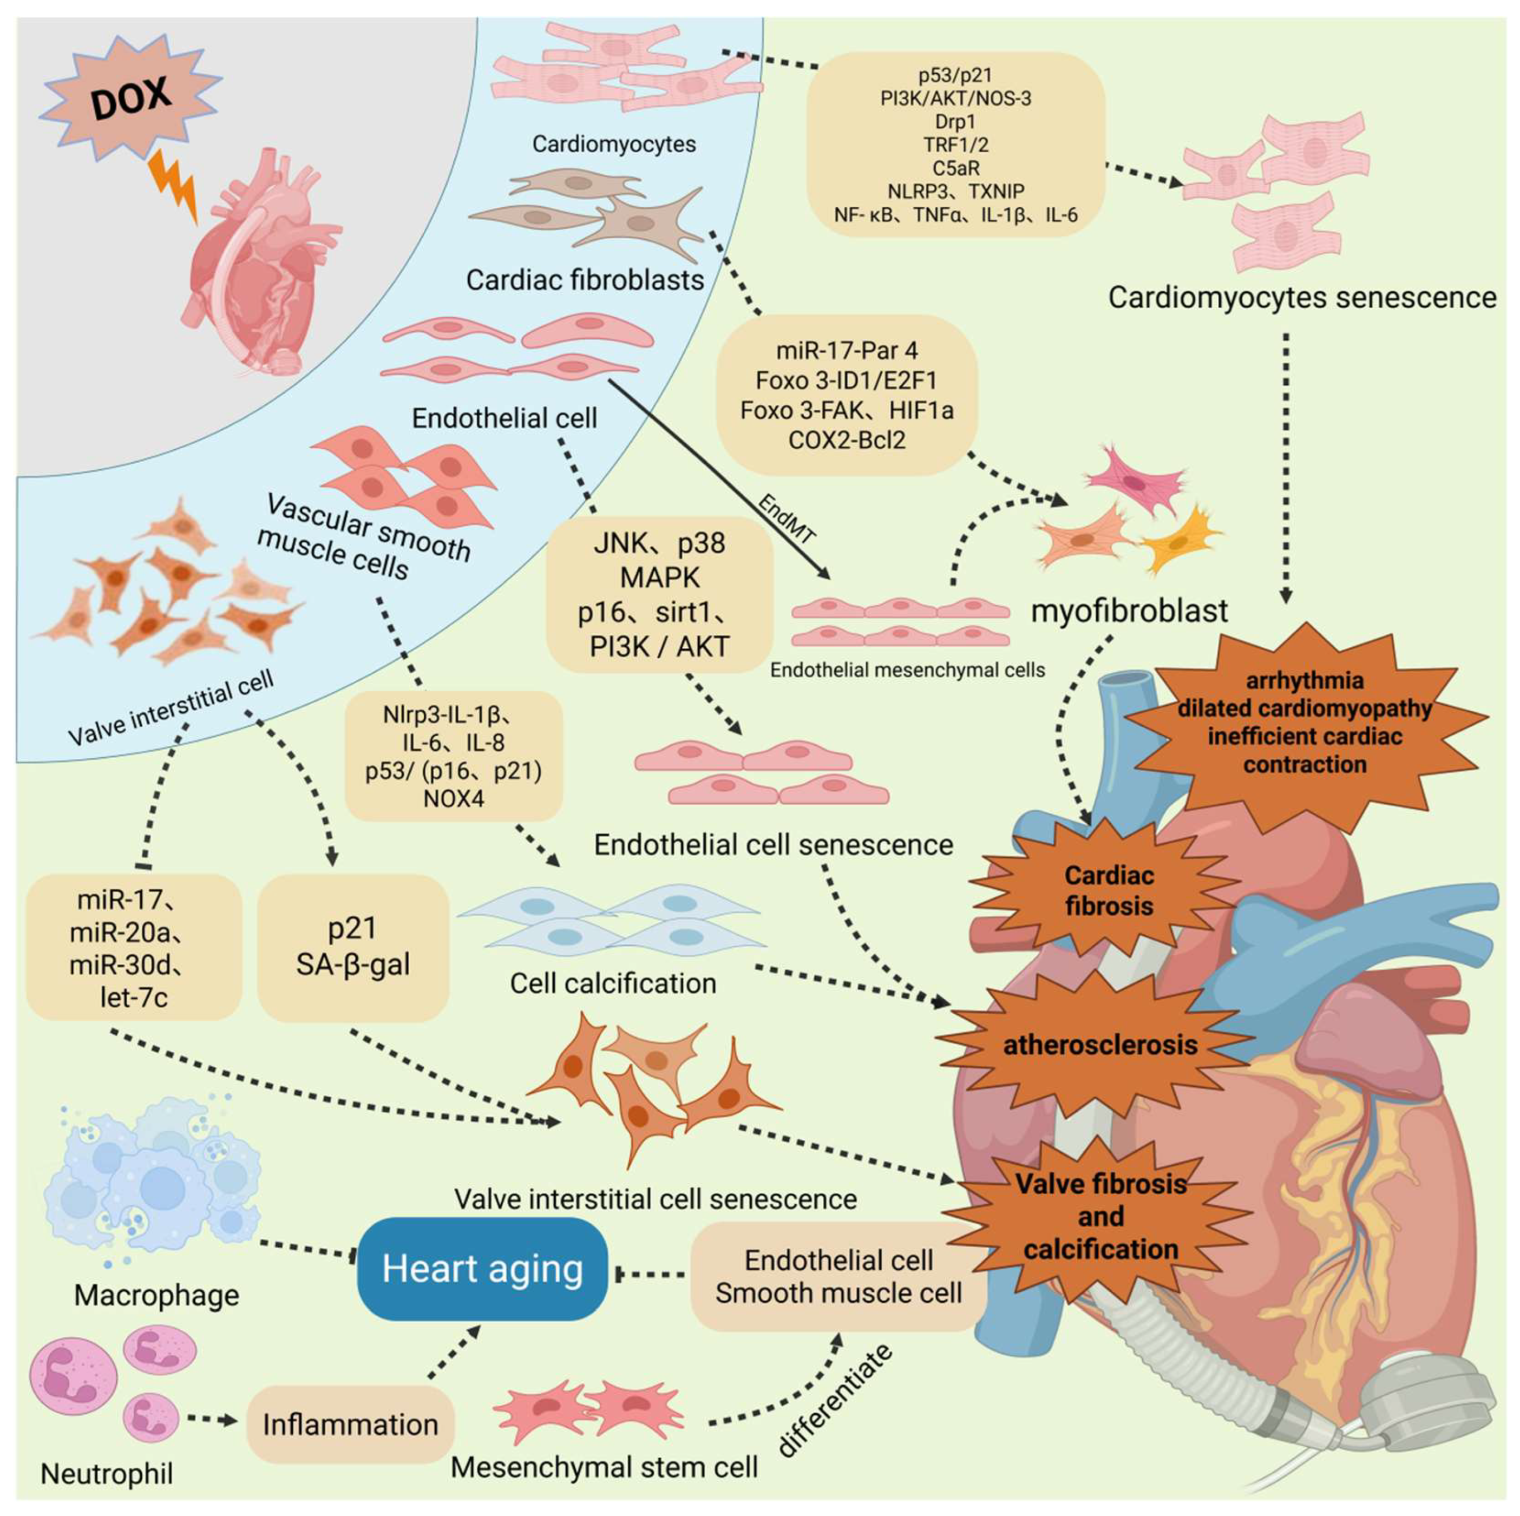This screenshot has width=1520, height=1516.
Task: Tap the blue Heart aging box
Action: pyautogui.click(x=482, y=1269)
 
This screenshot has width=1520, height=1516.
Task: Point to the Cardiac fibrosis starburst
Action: pyautogui.click(x=1109, y=890)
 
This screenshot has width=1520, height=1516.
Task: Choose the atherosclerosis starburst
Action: pyautogui.click(x=1100, y=1045)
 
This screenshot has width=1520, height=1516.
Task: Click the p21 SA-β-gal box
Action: pyautogui.click(x=353, y=947)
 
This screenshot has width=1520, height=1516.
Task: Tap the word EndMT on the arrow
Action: pyautogui.click(x=787, y=519)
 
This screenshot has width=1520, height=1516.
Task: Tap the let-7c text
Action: pyautogui.click(x=134, y=997)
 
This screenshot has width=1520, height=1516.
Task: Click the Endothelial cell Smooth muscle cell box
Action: pyautogui.click(x=838, y=1276)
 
